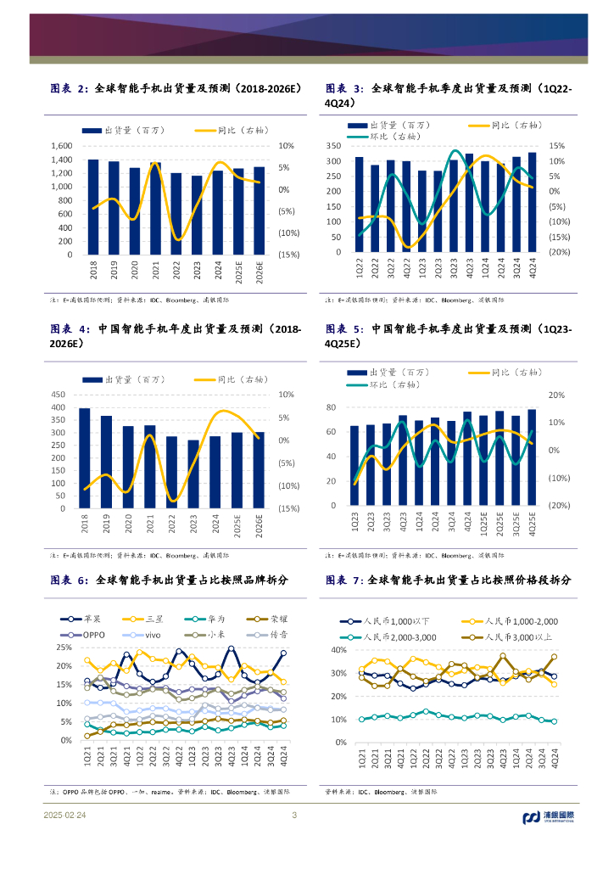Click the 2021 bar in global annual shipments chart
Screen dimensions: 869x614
point(155,208)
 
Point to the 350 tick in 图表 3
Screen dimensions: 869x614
point(334,146)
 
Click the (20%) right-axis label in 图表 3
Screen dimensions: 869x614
point(558,252)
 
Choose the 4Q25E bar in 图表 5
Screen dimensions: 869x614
point(532,457)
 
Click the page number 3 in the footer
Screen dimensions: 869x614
point(294,816)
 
